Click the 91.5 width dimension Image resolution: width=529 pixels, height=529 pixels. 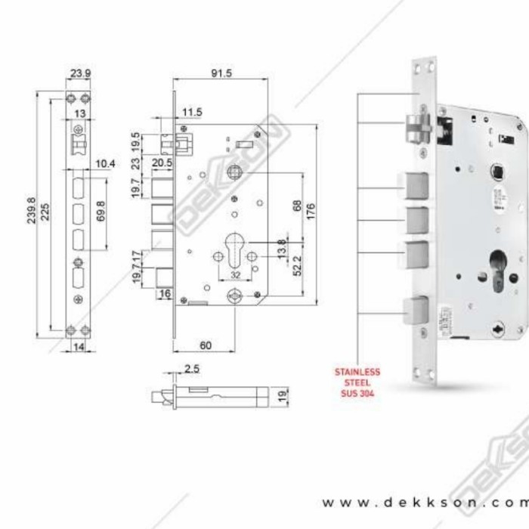[221, 73]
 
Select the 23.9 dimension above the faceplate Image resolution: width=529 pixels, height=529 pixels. [80, 74]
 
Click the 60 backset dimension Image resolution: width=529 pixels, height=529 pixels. [205, 345]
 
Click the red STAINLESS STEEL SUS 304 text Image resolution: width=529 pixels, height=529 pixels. [357, 382]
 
